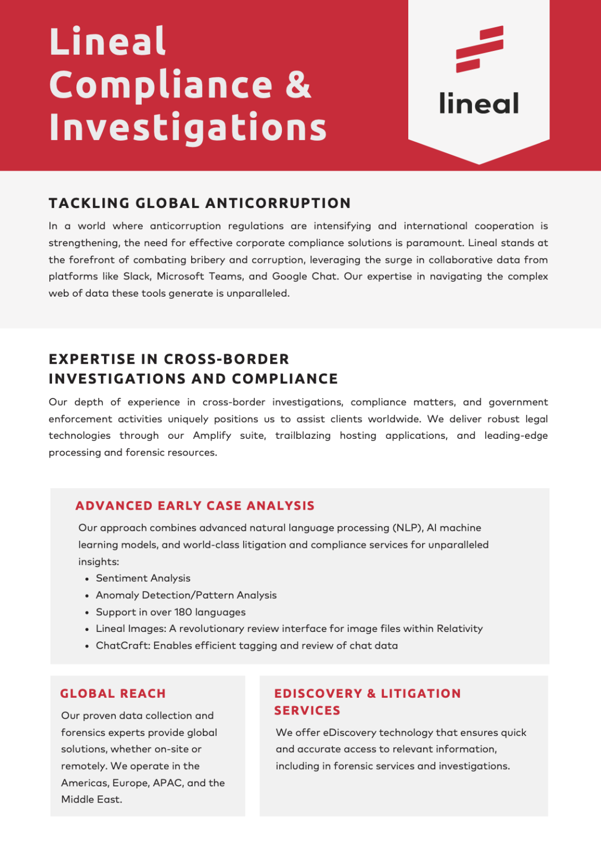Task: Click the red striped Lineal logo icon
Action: (480, 49)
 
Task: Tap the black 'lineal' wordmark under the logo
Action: (479, 103)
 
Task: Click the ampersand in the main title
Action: (299, 85)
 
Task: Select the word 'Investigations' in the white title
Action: (188, 127)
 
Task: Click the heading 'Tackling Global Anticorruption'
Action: (199, 203)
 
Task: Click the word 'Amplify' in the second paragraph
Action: (212, 436)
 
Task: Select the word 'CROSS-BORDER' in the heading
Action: (227, 359)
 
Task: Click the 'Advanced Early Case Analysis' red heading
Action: (195, 506)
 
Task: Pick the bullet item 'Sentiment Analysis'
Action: (143, 578)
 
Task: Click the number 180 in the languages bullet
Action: (183, 612)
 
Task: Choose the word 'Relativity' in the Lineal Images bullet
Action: (459, 629)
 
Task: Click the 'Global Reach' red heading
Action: (113, 693)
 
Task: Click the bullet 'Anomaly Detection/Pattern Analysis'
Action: (186, 595)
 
